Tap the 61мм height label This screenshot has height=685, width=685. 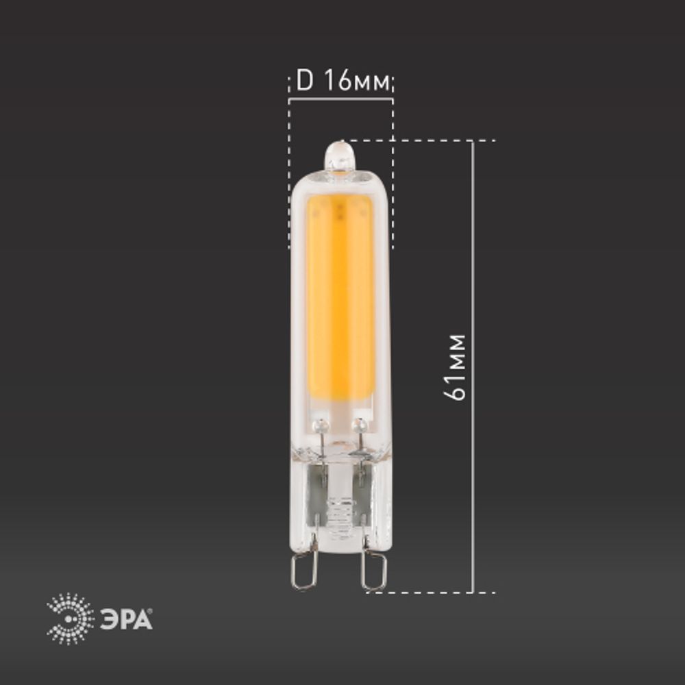coord(455,366)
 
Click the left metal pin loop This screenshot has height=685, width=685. coord(304,571)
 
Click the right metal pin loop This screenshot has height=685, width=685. coord(374,571)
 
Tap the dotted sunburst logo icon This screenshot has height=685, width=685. coord(71,619)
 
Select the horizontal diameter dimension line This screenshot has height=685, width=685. coord(340,100)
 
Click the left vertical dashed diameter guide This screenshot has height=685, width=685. coord(289,171)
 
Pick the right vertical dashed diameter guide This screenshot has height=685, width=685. coord(393,171)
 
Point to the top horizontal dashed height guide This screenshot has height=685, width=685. coord(425,141)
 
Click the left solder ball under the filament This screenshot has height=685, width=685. coord(317,426)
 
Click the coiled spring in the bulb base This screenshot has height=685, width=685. coord(340,510)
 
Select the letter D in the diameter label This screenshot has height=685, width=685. coord(303,82)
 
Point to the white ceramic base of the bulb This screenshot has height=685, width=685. coord(340,500)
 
